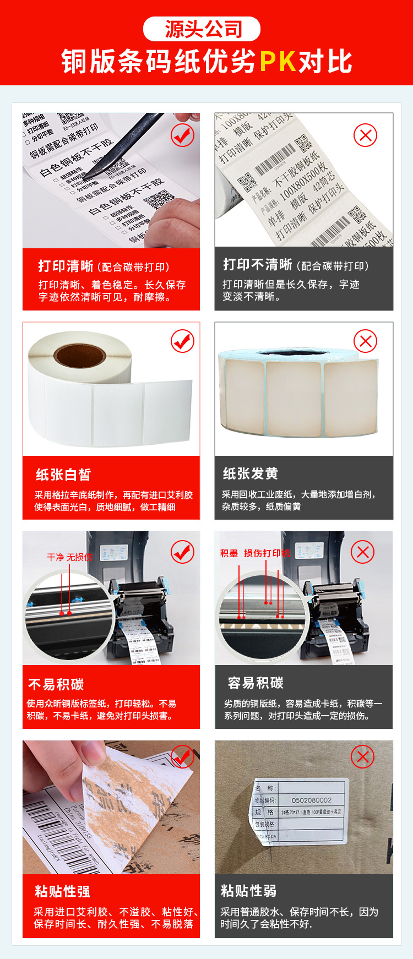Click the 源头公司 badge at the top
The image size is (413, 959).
202,29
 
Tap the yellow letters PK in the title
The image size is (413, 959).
278,62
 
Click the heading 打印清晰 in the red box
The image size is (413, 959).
66,266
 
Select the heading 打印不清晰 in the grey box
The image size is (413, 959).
257,265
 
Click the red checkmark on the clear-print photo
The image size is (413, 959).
182,135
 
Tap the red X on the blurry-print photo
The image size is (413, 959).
365,135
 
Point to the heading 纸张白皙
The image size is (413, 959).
63,475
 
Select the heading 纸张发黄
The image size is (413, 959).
251,473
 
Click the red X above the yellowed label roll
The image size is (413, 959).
365,341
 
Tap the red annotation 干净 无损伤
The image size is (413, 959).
70,557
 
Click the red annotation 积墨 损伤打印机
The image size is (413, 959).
254,553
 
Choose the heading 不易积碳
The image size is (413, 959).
56,684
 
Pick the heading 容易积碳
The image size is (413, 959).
256,683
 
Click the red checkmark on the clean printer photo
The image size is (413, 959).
182,552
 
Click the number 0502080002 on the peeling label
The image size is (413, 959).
311,800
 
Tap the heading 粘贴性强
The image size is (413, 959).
62,891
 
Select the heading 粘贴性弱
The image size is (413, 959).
249,891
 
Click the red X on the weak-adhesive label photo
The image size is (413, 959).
362,758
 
